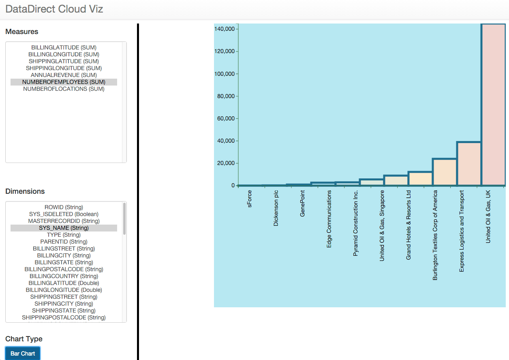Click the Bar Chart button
click(x=23, y=353)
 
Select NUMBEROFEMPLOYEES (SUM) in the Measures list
click(x=64, y=82)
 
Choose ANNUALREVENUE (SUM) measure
click(x=64, y=75)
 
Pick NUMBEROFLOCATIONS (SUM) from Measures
click(x=64, y=89)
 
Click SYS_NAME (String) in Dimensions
click(x=64, y=228)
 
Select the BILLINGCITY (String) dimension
click(x=64, y=255)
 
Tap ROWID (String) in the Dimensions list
click(x=64, y=207)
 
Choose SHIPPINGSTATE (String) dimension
click(x=64, y=311)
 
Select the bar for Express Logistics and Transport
click(x=469, y=164)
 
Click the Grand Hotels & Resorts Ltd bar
click(x=420, y=178)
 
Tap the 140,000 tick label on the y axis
click(x=225, y=29)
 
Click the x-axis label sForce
click(x=250, y=199)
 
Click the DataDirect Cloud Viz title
click(x=54, y=9)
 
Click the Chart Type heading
click(x=24, y=339)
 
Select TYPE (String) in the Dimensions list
click(x=64, y=235)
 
